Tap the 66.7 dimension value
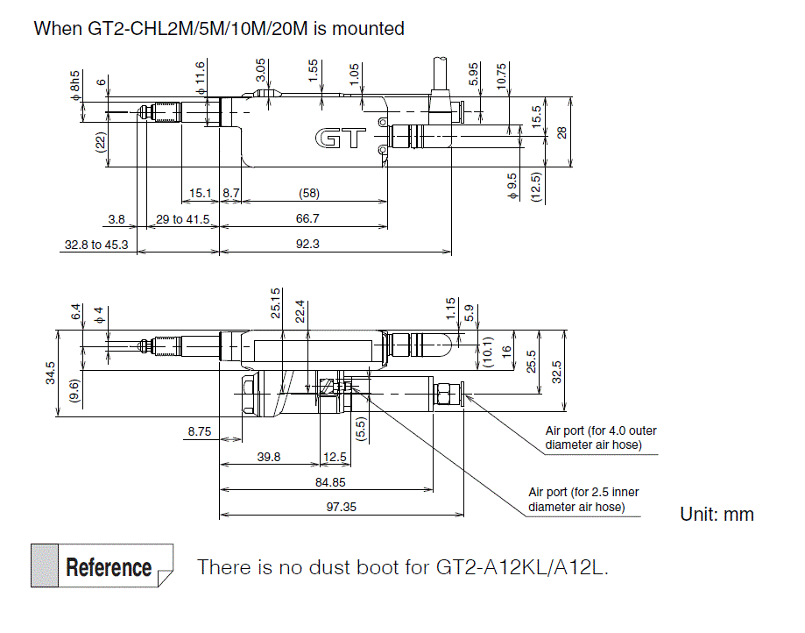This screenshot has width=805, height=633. click(x=307, y=218)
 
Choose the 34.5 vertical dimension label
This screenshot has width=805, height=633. click(x=50, y=373)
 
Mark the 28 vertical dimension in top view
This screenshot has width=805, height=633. click(x=561, y=132)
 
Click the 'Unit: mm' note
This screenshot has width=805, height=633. click(x=717, y=515)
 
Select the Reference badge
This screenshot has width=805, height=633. click(x=102, y=567)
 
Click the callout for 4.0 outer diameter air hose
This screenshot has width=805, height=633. click(x=600, y=437)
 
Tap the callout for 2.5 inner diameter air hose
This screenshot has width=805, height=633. click(x=583, y=499)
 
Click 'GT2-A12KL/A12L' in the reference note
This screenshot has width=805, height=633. click(x=521, y=567)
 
